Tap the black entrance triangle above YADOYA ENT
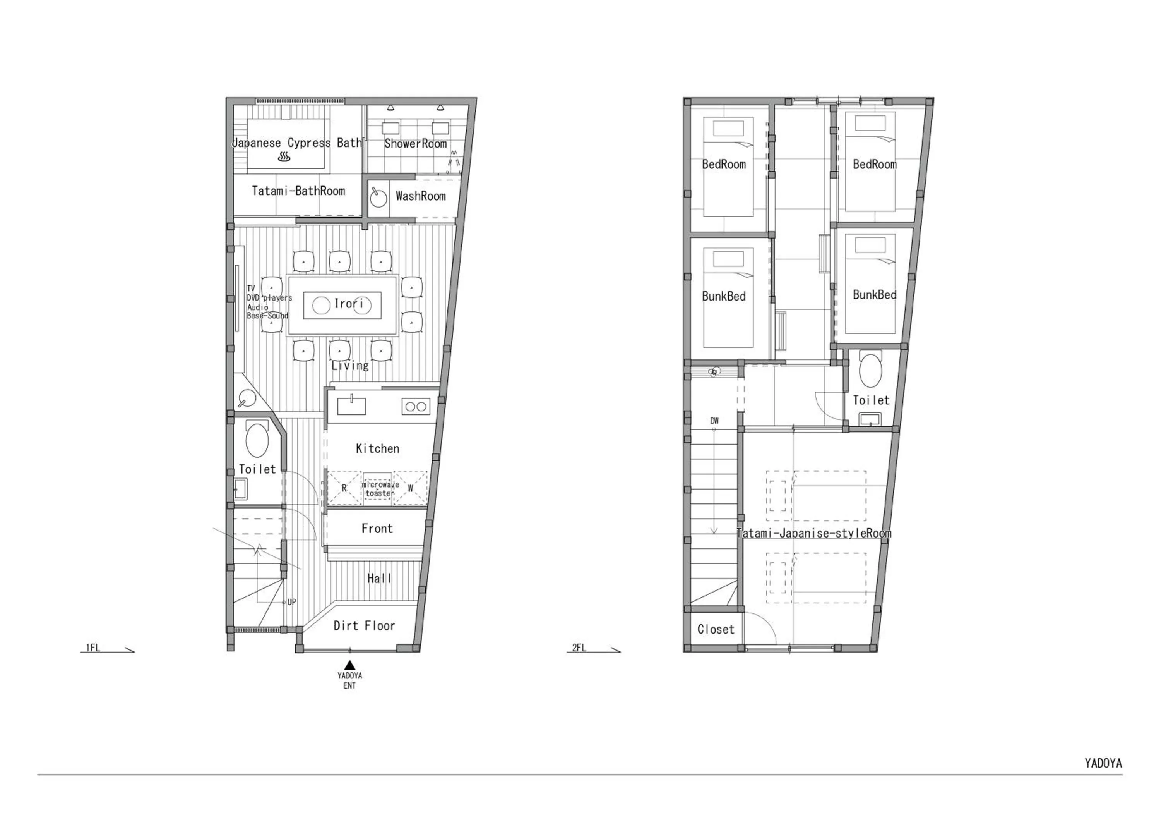(349, 665)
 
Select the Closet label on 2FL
(715, 629)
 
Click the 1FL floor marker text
(93, 648)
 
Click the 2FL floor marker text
(579, 648)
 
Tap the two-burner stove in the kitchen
(416, 406)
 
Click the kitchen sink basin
(351, 406)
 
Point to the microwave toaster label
(380, 489)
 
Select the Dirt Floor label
(364, 626)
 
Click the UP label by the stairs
(291, 602)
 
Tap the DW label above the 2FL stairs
(714, 420)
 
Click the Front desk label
(377, 529)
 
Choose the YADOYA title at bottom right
(1103, 763)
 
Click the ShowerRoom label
(415, 144)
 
